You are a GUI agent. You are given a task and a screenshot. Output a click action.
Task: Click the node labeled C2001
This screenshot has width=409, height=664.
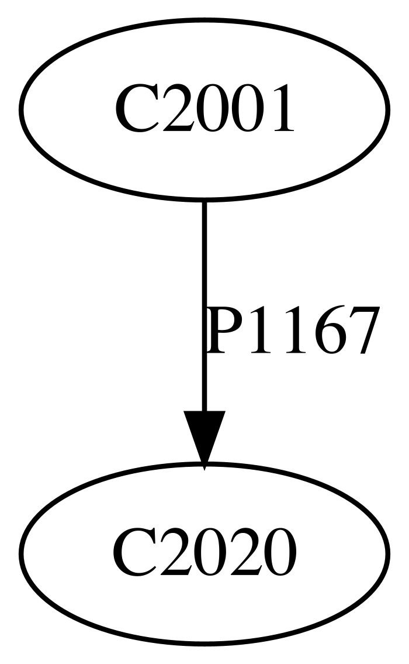(x=204, y=109)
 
